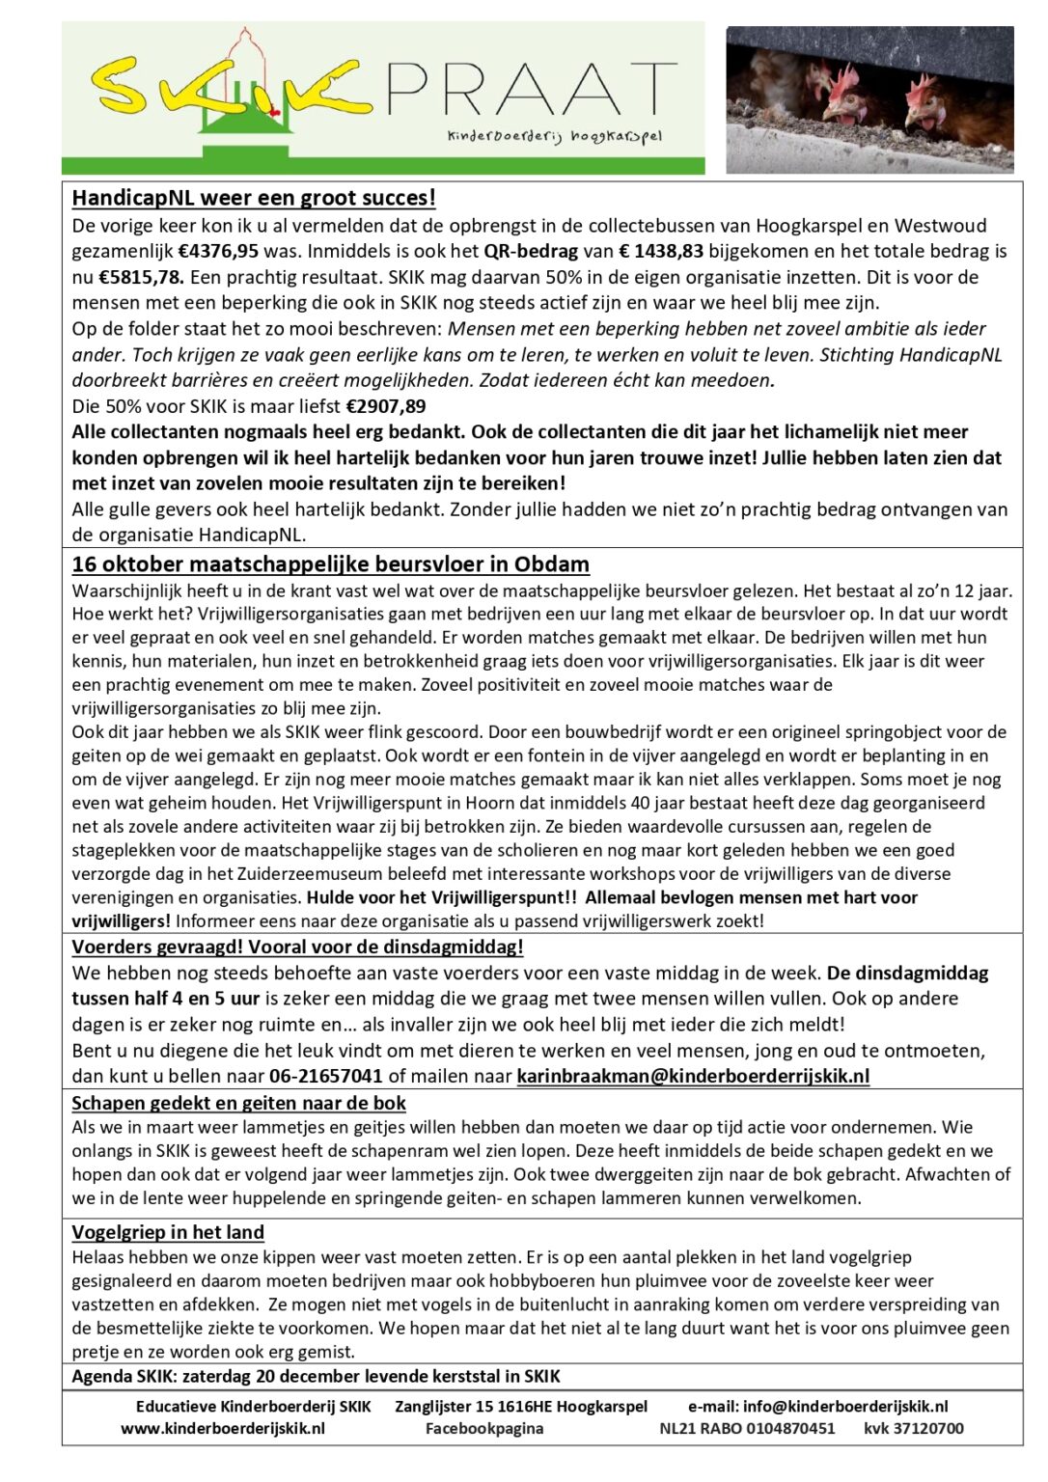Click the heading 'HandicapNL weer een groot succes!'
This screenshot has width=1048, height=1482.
[254, 199]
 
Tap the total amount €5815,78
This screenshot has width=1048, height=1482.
[141, 278]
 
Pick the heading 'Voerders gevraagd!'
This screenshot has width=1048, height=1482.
[297, 947]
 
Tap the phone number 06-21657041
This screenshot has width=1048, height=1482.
[326, 1076]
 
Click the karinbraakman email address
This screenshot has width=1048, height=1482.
[693, 1076]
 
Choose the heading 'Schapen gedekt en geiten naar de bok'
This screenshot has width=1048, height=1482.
[238, 1103]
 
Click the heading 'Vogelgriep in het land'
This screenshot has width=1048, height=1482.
[168, 1232]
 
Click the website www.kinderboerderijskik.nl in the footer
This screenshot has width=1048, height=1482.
[223, 1429]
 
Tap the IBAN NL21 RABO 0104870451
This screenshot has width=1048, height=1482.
[747, 1429]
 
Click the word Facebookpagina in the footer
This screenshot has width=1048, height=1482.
[484, 1429]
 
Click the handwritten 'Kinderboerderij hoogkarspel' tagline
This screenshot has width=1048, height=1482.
[554, 138]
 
